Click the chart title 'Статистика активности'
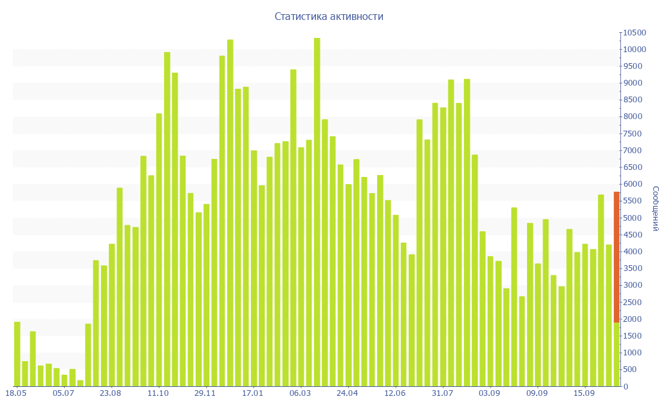click(329, 16)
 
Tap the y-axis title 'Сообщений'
click(654, 209)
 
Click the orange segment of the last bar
click(617, 257)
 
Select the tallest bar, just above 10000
click(317, 212)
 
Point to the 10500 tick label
click(635, 33)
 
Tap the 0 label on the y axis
click(626, 387)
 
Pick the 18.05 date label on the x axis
click(15, 393)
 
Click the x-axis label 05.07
click(63, 393)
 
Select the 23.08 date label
click(111, 393)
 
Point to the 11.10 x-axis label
click(158, 393)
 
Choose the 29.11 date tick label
click(205, 393)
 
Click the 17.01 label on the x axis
click(252, 393)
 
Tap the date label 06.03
click(300, 393)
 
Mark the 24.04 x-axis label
click(348, 393)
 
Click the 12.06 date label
click(394, 393)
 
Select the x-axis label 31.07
click(442, 393)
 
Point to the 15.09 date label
click(584, 393)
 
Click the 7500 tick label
click(633, 134)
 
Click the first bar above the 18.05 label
click(17, 354)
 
